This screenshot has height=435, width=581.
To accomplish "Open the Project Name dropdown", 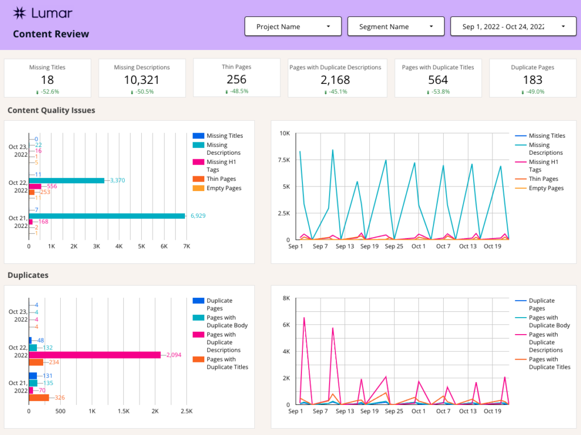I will (293, 27).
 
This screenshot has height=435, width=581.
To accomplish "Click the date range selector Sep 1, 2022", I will (514, 27).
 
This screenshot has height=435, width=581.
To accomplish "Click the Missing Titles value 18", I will (47, 80).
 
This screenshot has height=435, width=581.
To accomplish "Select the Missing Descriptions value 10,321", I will (141, 80).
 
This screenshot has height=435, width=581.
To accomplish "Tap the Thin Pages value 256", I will (236, 80).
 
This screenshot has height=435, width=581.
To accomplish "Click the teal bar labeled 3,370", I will (66, 180).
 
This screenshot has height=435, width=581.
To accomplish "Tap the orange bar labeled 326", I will (39, 398).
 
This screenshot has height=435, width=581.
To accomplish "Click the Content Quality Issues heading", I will (51, 111).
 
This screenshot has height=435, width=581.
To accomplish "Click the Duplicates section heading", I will (28, 276).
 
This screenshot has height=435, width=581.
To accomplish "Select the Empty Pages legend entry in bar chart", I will (224, 188).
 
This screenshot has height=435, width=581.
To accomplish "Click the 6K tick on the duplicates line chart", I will (286, 325).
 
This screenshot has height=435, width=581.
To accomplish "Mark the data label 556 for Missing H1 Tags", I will (52, 187).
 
